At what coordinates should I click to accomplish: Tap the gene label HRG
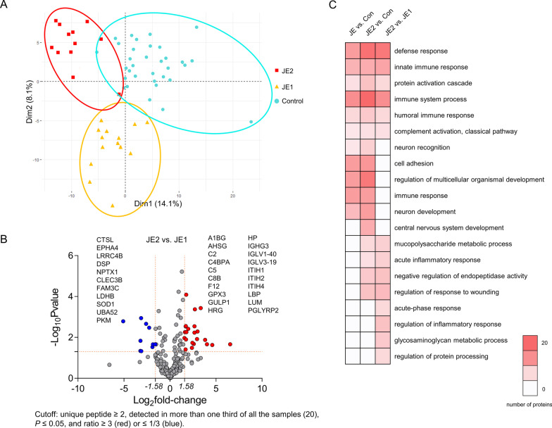point(216,310)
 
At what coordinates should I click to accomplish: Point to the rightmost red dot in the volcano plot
point(230,344)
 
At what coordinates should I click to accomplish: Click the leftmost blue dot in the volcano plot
point(123,321)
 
